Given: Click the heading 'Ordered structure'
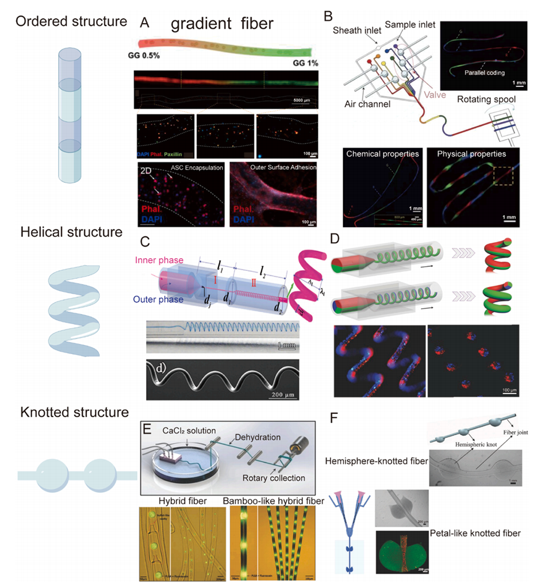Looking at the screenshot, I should [x=71, y=22].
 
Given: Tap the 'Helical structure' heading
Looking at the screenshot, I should [x=71, y=232].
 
